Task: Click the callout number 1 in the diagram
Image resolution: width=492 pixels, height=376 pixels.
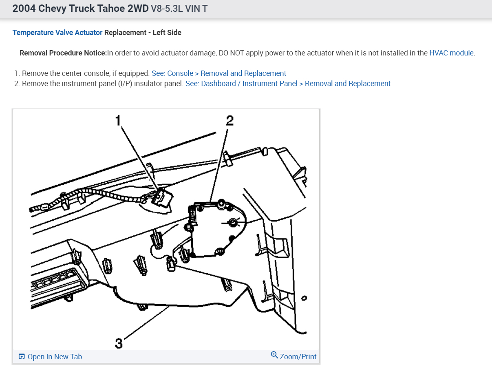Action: pyautogui.click(x=118, y=120)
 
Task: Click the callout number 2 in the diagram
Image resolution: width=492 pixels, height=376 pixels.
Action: pyautogui.click(x=230, y=120)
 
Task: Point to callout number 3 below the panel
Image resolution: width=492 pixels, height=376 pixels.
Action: pyautogui.click(x=119, y=344)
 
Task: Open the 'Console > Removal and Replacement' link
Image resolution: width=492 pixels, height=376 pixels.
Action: pyautogui.click(x=219, y=73)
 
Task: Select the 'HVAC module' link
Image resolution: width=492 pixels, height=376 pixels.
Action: pyautogui.click(x=451, y=53)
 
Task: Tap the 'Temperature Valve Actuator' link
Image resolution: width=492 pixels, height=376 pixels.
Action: pyautogui.click(x=57, y=33)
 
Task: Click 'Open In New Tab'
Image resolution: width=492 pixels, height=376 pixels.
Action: pyautogui.click(x=55, y=357)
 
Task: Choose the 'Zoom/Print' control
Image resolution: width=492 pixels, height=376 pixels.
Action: pyautogui.click(x=298, y=356)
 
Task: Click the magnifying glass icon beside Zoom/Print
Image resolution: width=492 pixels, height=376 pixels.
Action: pyautogui.click(x=274, y=355)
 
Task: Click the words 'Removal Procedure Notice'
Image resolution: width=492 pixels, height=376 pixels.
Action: pyautogui.click(x=63, y=53)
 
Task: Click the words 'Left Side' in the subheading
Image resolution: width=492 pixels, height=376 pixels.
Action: pyautogui.click(x=167, y=33)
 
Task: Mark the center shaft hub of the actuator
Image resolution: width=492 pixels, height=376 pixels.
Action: pyautogui.click(x=233, y=222)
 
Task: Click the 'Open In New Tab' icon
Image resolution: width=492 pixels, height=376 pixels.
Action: pyautogui.click(x=22, y=357)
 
